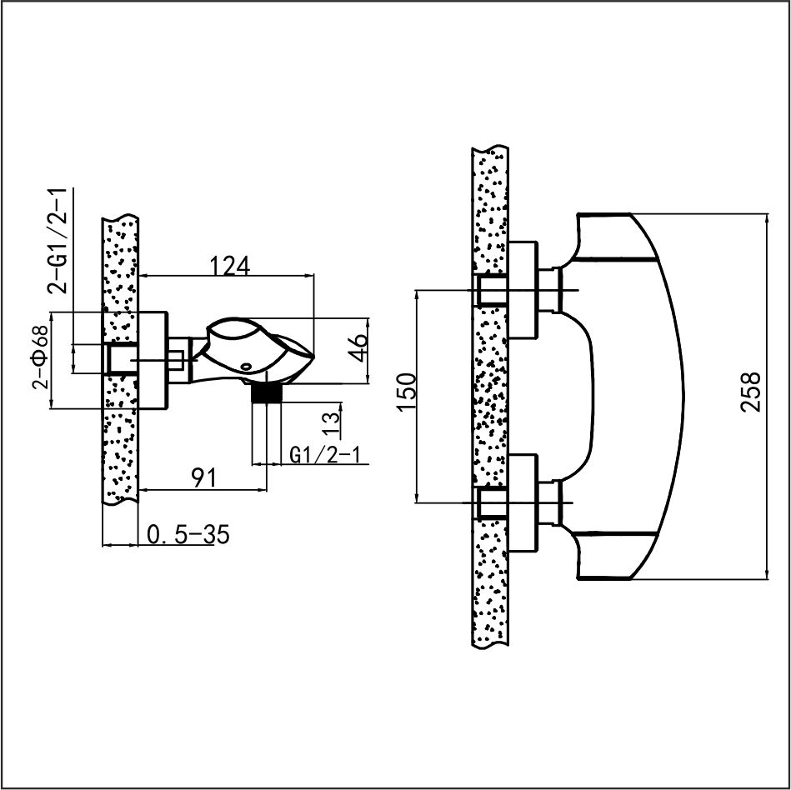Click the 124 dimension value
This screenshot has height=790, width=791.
pos(229,266)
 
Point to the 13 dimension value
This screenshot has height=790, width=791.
pos(331,419)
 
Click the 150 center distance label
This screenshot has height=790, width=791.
pos(407,393)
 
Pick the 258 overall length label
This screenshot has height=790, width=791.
pos(750,392)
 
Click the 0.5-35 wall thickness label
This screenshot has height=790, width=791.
pos(188,534)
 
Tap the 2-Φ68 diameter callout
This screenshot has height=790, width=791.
pos(40,357)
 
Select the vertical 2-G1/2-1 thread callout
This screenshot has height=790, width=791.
pos(57,241)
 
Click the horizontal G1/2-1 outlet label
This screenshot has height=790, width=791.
pos(325,455)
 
